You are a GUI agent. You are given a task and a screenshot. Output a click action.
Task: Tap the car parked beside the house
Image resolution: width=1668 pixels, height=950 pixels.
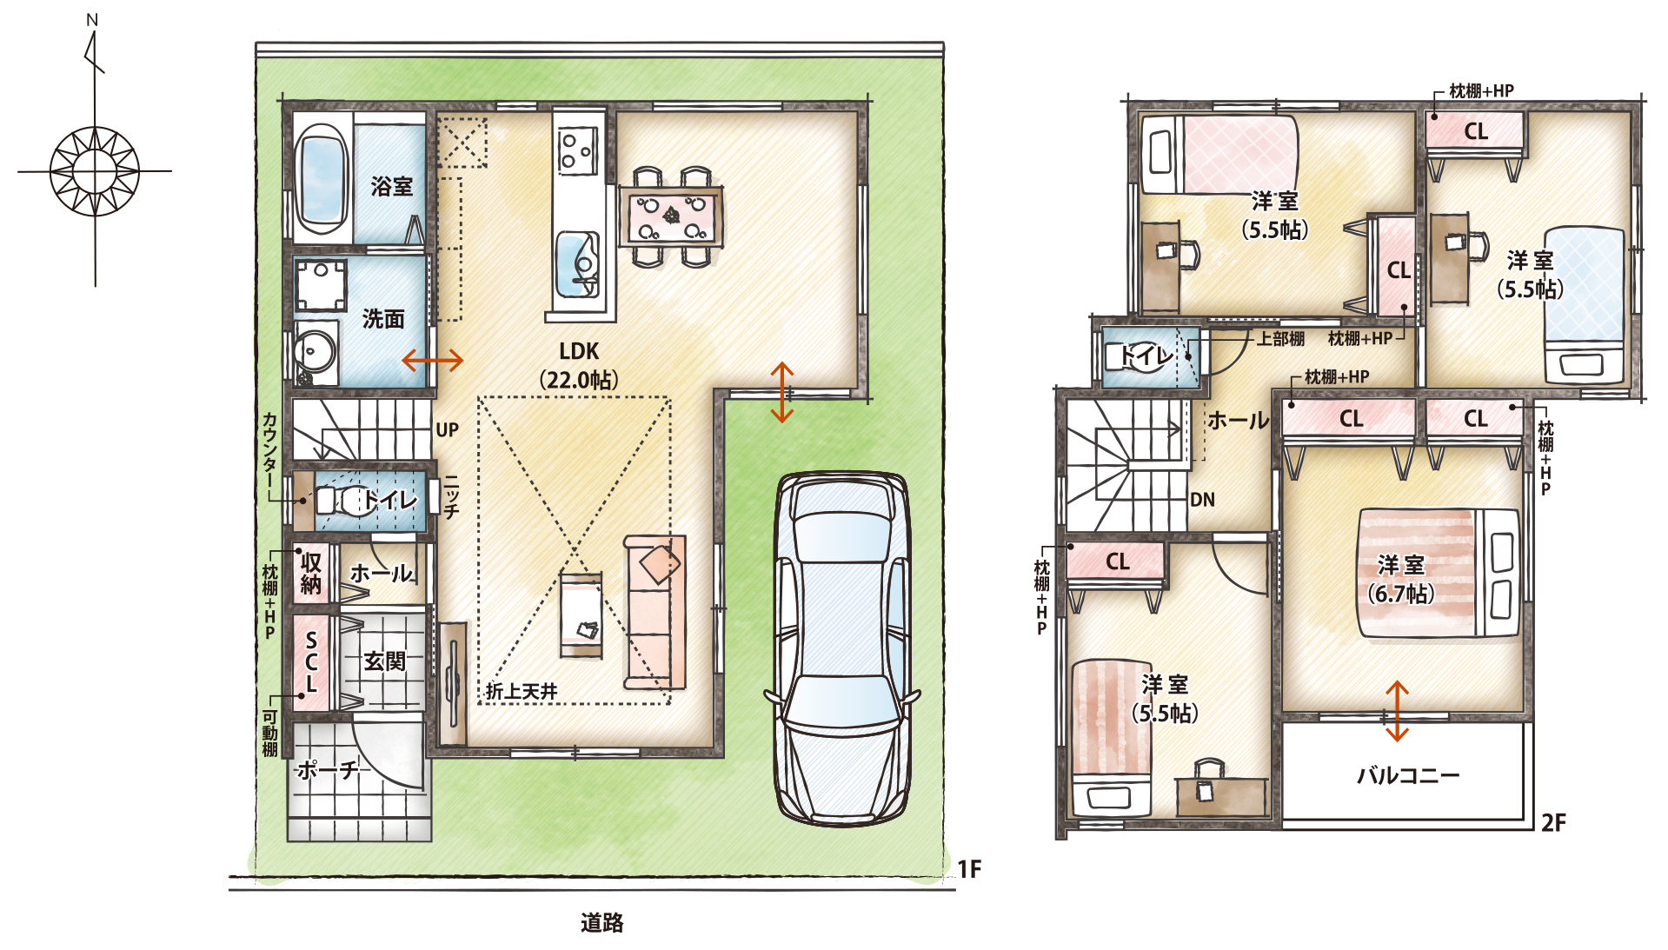(x=841, y=648)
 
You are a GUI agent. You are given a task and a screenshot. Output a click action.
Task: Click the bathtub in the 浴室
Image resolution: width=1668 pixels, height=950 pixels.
(x=321, y=178)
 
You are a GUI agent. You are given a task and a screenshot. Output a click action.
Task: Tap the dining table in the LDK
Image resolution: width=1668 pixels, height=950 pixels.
(x=670, y=216)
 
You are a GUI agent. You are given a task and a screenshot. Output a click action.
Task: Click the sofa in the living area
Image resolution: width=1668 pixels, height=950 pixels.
(x=655, y=612)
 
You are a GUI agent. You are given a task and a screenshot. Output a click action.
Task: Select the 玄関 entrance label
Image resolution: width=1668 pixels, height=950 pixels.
(x=384, y=661)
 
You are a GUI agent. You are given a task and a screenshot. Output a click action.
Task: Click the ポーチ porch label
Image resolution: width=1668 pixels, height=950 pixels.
(x=327, y=770)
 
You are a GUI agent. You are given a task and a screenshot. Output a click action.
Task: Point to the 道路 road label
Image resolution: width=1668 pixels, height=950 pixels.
(x=601, y=923)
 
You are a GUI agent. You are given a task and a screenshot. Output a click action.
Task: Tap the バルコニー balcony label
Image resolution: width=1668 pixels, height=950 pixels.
(x=1408, y=775)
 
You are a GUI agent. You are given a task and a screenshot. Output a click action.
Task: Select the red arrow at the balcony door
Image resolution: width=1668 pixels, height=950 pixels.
(x=1397, y=711)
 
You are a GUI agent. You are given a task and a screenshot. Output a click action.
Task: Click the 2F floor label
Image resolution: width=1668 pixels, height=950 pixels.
(x=1553, y=822)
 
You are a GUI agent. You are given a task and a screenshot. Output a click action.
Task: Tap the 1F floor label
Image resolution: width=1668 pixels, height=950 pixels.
(x=969, y=869)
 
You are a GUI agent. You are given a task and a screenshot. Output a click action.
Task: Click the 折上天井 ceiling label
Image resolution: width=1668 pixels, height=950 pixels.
(x=522, y=691)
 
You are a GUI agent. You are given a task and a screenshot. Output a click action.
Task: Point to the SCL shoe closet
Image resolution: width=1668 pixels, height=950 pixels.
(x=311, y=662)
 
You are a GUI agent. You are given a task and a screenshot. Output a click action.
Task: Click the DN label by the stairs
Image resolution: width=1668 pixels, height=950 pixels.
(x=1202, y=500)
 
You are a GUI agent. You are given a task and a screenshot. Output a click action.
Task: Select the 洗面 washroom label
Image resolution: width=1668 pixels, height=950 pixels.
(x=383, y=319)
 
